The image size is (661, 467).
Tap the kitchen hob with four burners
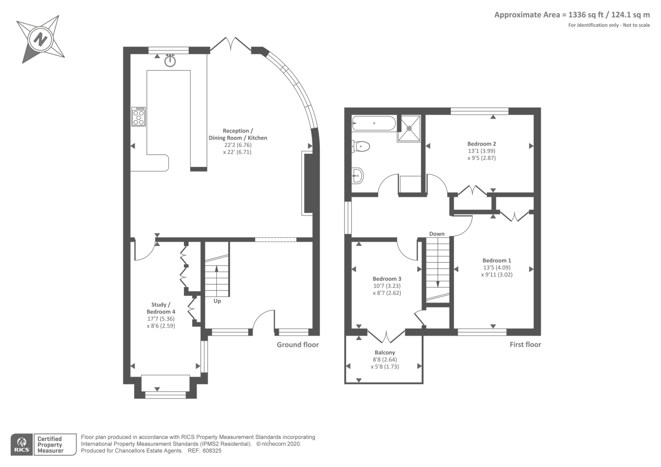pos(138,117)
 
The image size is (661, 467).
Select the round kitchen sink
pos(170,61)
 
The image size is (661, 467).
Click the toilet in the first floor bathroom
pos(361,146)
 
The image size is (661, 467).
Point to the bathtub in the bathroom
pos(374,123)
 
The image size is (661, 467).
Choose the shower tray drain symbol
pos(409,129)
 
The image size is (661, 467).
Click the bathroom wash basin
pos(357,176)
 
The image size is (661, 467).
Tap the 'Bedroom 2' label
pos(482,144)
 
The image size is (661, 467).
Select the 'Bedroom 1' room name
pos(497,260)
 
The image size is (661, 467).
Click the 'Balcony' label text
pos(385,353)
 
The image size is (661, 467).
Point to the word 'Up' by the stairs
pos(217,301)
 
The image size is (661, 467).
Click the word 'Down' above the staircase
pos(437,234)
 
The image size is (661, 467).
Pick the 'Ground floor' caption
pos(298,345)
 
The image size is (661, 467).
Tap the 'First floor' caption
pos(525,345)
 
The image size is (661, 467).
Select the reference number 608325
pos(212,451)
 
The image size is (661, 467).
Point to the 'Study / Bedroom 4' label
pos(161,308)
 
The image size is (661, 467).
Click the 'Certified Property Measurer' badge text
pos(50,445)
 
